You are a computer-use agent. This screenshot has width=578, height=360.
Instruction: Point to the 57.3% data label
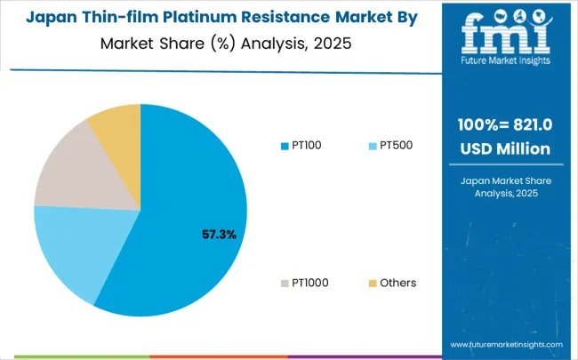click(218, 235)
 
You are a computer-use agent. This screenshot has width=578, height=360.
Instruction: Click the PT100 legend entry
click(301, 145)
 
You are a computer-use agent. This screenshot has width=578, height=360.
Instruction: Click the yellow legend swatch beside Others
click(373, 283)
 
